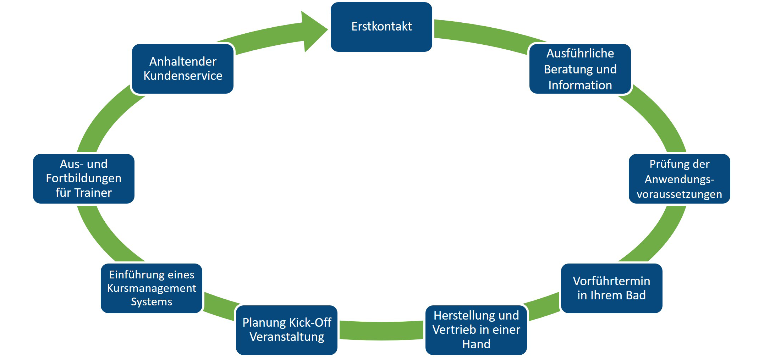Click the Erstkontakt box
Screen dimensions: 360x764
click(x=381, y=27)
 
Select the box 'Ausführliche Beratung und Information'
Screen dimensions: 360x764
click(x=580, y=69)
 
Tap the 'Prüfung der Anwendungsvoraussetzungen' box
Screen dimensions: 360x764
click(x=679, y=179)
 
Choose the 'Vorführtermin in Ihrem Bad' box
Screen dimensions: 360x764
click(x=611, y=288)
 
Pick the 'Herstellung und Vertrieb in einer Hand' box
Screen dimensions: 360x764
click(x=476, y=330)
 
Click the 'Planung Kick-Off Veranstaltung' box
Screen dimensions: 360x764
click(x=286, y=330)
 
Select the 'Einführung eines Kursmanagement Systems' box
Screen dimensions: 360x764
click(x=152, y=288)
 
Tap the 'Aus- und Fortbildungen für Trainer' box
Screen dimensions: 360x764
click(x=84, y=179)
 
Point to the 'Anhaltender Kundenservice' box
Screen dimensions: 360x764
click(x=183, y=69)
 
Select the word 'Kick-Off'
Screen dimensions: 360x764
click(x=309, y=323)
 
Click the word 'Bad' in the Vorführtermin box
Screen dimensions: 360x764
click(x=635, y=295)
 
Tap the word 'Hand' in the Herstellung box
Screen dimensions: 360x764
click(x=476, y=344)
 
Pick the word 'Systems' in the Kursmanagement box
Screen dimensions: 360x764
click(x=152, y=302)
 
